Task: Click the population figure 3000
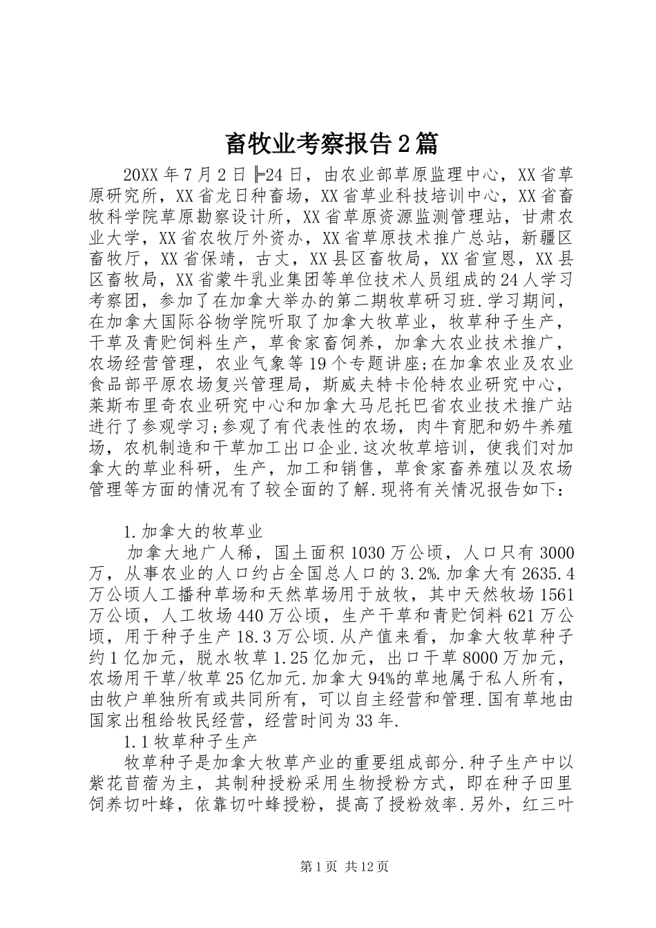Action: click(556, 554)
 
